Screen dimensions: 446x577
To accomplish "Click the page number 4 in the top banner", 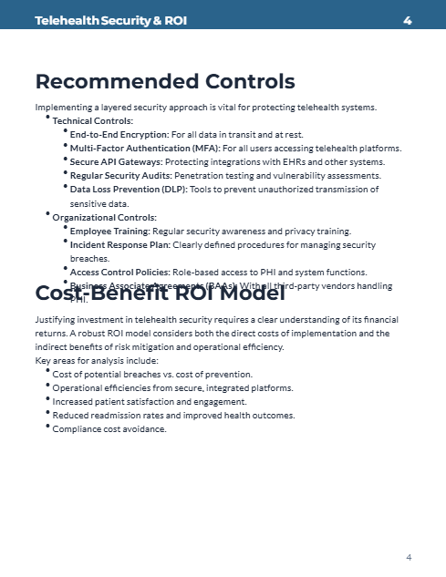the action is (407, 20).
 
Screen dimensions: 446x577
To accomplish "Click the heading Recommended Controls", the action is (164, 81).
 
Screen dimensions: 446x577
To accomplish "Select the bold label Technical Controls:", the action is (93, 120).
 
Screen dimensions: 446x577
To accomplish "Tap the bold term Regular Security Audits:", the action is (121, 175).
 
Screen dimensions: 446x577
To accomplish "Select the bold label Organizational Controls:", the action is (105, 218).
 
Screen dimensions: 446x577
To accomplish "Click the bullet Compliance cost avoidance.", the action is (110, 429).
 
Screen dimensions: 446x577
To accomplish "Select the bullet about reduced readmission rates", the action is (174, 416).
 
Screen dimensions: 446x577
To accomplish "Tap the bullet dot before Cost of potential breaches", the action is (47, 373).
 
